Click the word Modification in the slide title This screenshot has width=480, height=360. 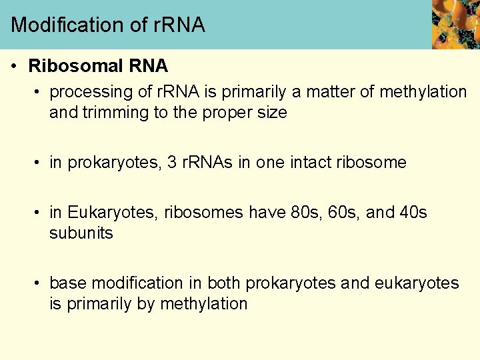[62, 25]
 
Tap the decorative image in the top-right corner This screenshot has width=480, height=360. [455, 24]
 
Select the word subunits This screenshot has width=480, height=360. [81, 233]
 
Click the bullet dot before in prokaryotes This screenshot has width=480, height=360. [39, 163]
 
